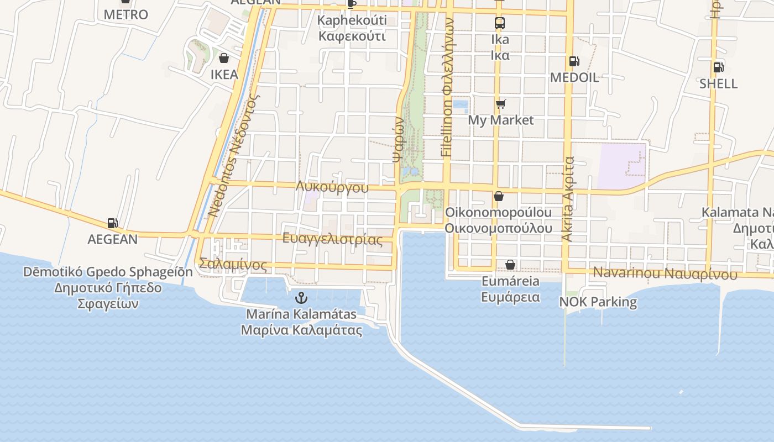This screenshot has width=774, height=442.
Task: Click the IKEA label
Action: (224, 75)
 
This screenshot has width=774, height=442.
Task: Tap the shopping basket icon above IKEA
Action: (224, 58)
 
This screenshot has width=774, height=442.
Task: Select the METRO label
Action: (126, 14)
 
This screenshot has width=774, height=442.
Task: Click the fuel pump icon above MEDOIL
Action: (574, 61)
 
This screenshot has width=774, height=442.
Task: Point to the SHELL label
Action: (718, 83)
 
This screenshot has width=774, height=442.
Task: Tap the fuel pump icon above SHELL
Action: (718, 67)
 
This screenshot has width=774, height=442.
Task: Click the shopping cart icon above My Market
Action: (501, 104)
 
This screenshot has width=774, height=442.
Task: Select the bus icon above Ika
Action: (500, 23)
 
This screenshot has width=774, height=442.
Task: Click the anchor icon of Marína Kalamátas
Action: (301, 298)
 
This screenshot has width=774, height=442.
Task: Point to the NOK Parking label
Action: (598, 302)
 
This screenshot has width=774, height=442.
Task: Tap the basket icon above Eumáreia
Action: (510, 265)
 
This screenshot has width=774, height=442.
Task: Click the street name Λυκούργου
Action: (332, 187)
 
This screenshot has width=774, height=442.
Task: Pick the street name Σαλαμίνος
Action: (233, 265)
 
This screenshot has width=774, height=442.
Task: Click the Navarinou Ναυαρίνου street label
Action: (665, 273)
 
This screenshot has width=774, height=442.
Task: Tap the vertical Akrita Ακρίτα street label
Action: (568, 199)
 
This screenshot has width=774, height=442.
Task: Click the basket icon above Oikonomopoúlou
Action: (499, 196)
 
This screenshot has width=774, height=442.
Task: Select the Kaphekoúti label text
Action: (352, 20)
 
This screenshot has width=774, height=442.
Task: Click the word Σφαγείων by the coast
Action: (108, 303)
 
